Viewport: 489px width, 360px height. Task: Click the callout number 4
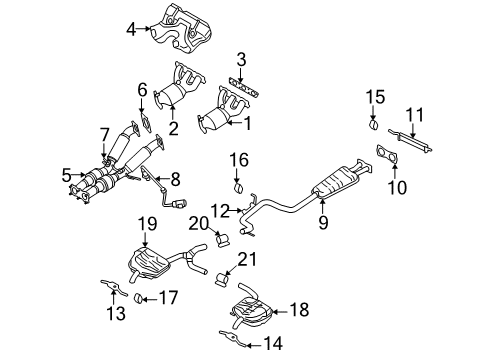(x=131, y=30)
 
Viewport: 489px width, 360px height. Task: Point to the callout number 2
(x=173, y=127)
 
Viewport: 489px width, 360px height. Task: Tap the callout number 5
(x=66, y=174)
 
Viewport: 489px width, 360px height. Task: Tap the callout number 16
(x=238, y=160)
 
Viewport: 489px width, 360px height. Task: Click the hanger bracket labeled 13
(x=107, y=291)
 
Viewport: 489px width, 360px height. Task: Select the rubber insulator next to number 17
(x=140, y=298)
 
